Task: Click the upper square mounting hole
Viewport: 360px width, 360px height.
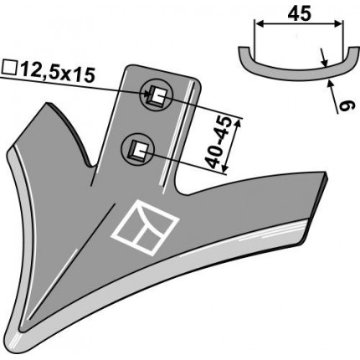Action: [157, 95]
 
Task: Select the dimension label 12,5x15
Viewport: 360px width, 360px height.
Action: [58, 73]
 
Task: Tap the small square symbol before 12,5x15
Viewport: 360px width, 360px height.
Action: [10, 69]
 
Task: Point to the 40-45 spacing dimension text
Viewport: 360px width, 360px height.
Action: [219, 143]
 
